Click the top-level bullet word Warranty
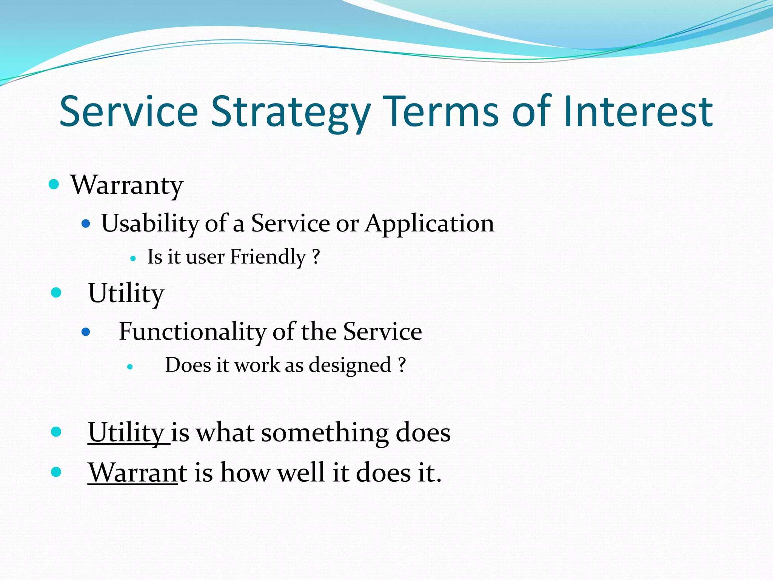(127, 185)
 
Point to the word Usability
(150, 223)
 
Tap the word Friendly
(268, 257)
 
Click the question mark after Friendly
(316, 256)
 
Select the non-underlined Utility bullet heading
(126, 293)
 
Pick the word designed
(350, 365)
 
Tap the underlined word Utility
(126, 432)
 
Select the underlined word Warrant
(133, 472)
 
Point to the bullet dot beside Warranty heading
(54, 184)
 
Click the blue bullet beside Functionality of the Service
(86, 332)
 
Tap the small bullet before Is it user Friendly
(133, 259)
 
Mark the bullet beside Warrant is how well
(56, 472)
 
